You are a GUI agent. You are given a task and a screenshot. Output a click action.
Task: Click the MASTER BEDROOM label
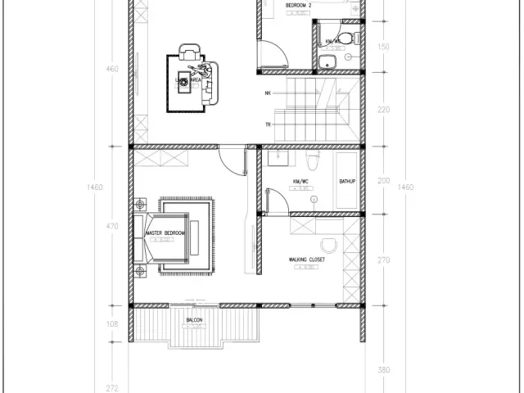[x=165, y=233]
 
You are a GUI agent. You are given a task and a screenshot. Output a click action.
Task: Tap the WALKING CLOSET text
[x=307, y=260]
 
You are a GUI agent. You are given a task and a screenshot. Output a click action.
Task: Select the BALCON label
[x=194, y=320]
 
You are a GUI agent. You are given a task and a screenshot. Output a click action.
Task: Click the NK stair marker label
[x=268, y=93]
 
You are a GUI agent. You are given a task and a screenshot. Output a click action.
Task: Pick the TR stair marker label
[x=268, y=124]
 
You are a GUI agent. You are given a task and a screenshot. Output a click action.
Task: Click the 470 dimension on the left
[x=113, y=226]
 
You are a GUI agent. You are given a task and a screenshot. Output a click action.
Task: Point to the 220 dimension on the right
[x=384, y=110]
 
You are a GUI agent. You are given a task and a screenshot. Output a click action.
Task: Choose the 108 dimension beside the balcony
[x=113, y=324]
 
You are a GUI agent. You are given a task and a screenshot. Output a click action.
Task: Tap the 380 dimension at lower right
[x=384, y=369]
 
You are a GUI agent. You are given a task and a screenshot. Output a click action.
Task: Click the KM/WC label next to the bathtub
[x=300, y=181]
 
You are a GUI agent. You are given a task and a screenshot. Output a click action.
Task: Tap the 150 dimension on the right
[x=384, y=47]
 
